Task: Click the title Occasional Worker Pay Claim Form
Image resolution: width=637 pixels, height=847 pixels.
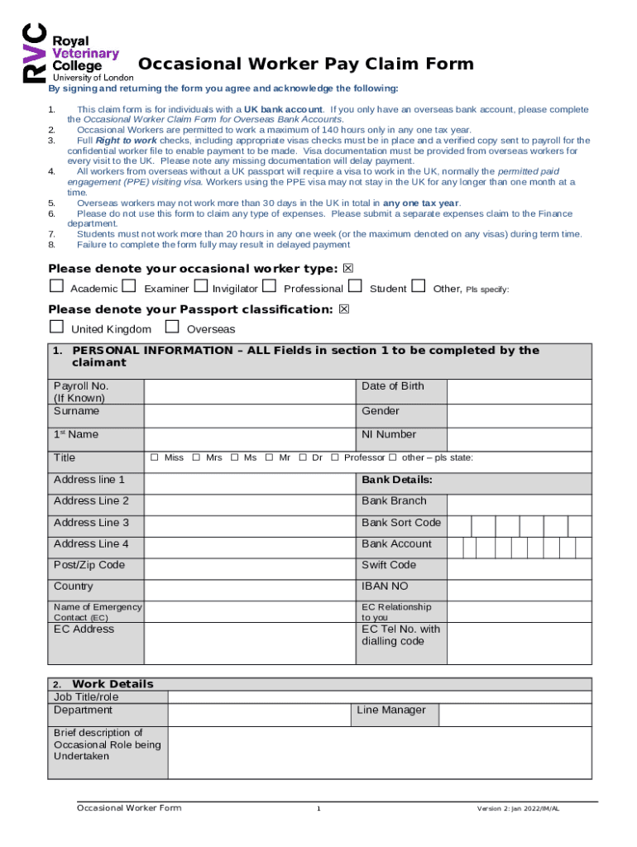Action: pyautogui.click(x=305, y=65)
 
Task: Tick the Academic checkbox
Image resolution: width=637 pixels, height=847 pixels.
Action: pyautogui.click(x=56, y=287)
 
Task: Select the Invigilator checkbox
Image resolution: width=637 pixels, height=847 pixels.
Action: pyautogui.click(x=200, y=287)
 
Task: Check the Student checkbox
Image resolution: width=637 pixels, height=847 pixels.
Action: pyautogui.click(x=356, y=287)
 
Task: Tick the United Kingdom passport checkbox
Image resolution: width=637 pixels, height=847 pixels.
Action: pyautogui.click(x=56, y=328)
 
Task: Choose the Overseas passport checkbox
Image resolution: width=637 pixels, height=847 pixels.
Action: pyautogui.click(x=173, y=328)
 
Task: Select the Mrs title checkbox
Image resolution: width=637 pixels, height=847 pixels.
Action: pyautogui.click(x=196, y=458)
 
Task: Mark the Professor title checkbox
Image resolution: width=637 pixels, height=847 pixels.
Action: pyautogui.click(x=335, y=458)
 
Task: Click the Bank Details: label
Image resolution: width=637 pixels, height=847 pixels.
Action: pyautogui.click(x=397, y=481)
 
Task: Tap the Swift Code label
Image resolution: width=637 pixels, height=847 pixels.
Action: pyautogui.click(x=389, y=566)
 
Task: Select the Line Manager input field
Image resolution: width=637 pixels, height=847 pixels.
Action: pyautogui.click(x=515, y=715)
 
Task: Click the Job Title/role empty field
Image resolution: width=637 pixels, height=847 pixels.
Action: pyautogui.click(x=379, y=697)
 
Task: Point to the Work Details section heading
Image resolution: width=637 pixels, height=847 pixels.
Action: pyautogui.click(x=113, y=684)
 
